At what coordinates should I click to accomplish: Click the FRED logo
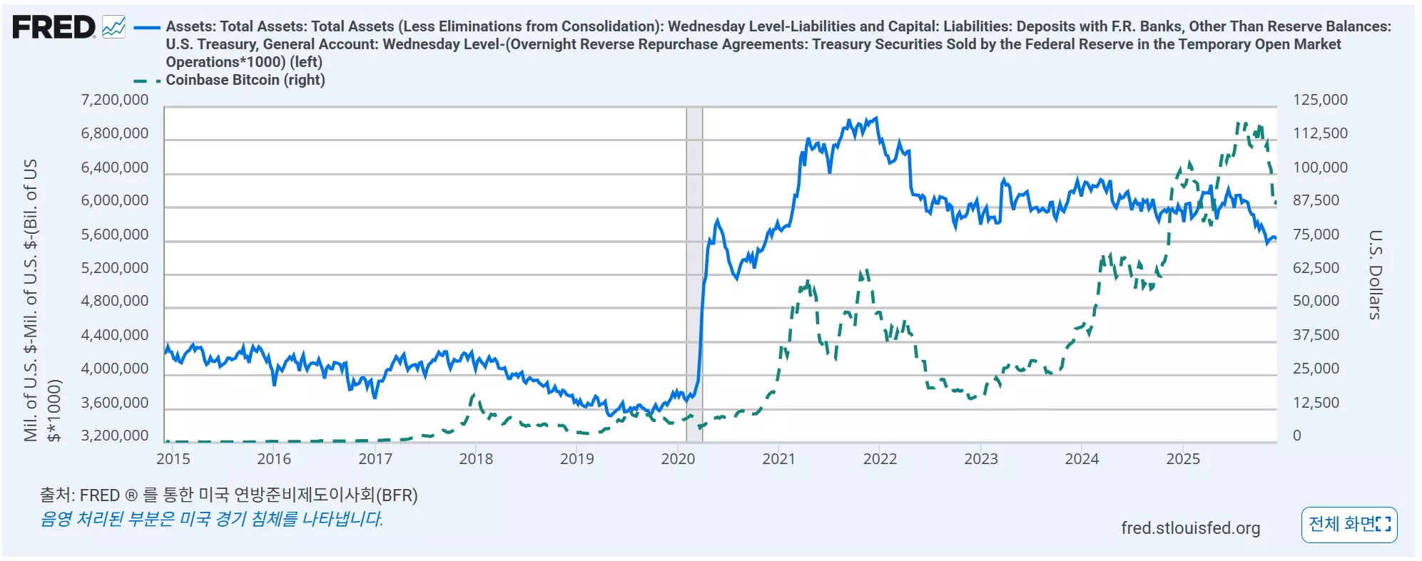[x=54, y=28]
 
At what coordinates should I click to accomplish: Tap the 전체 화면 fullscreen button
[x=1349, y=525]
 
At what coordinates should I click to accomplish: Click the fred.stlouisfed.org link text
[x=1190, y=528]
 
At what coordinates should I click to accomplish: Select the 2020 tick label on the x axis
[x=678, y=459]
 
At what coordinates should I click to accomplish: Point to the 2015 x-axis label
[x=173, y=459]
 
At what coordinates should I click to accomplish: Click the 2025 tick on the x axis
[x=1183, y=459]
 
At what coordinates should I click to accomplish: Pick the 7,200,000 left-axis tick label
[x=115, y=100]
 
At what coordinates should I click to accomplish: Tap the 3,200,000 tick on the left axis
[x=115, y=436]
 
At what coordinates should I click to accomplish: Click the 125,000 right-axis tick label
[x=1320, y=100]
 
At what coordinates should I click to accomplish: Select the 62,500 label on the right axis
[x=1316, y=268]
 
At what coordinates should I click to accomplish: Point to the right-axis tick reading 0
[x=1297, y=436]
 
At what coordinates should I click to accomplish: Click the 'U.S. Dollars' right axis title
[x=1376, y=274]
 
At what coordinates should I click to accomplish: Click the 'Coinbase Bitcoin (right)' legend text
[x=245, y=80]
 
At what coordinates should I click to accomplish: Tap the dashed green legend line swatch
[x=147, y=81]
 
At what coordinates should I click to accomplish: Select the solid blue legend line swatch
[x=147, y=28]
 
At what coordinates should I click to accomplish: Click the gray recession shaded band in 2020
[x=694, y=274]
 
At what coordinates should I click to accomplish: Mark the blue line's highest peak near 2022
[x=876, y=118]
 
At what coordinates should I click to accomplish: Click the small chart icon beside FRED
[x=113, y=28]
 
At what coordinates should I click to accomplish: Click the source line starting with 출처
[x=228, y=495]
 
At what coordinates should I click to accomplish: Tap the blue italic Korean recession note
[x=211, y=519]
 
